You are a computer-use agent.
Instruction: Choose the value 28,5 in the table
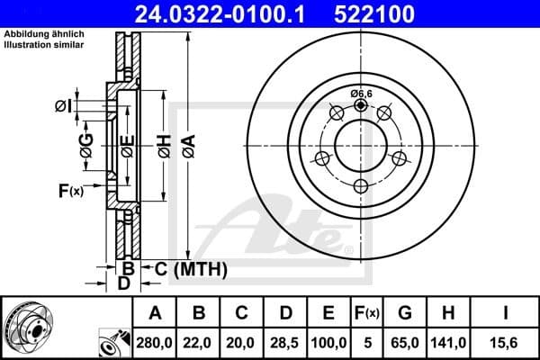tap(285, 342)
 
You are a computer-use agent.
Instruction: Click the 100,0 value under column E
tap(328, 342)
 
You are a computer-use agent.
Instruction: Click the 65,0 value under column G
tap(404, 342)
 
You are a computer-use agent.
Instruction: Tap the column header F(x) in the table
tap(367, 312)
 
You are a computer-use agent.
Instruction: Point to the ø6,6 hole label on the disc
tap(361, 93)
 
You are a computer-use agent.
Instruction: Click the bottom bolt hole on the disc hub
tap(361, 186)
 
